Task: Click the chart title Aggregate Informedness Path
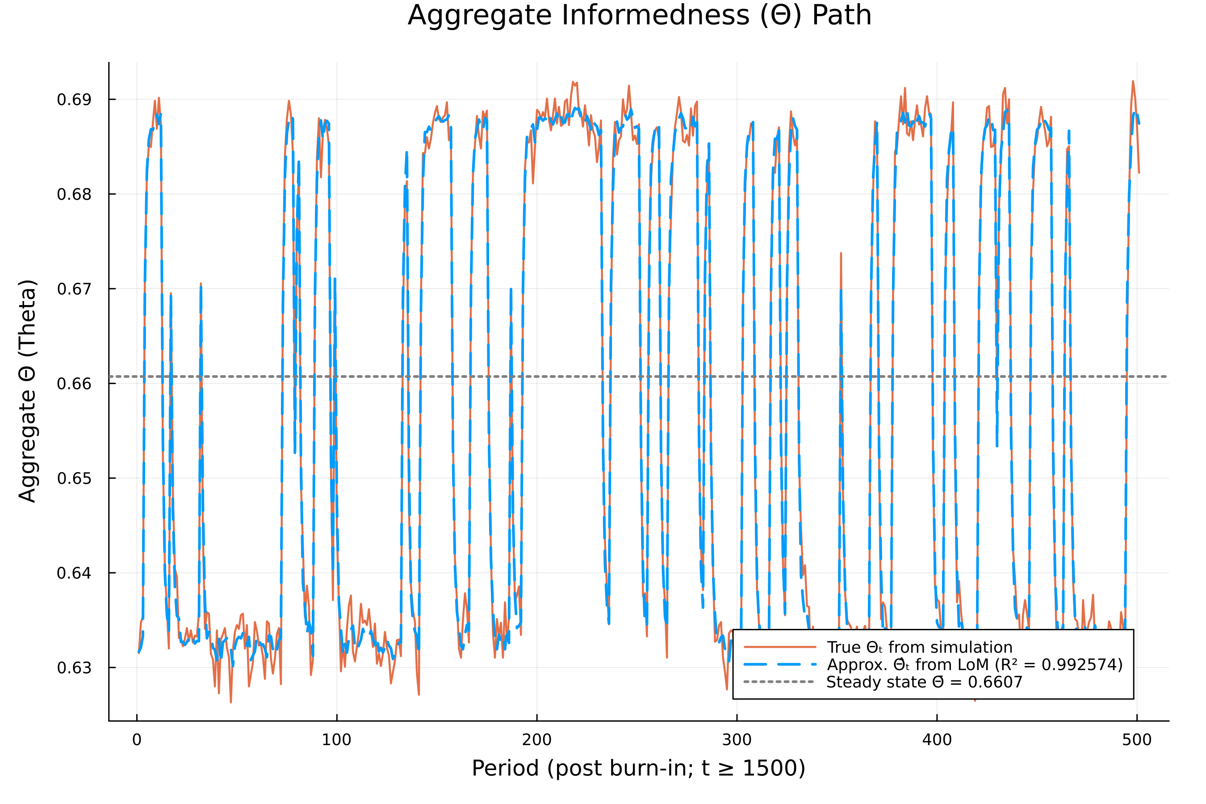pyautogui.click(x=640, y=15)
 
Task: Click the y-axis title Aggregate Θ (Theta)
pyautogui.click(x=27, y=391)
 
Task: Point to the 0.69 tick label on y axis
pyautogui.click(x=74, y=100)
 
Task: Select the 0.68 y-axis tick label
pyautogui.click(x=74, y=194)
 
